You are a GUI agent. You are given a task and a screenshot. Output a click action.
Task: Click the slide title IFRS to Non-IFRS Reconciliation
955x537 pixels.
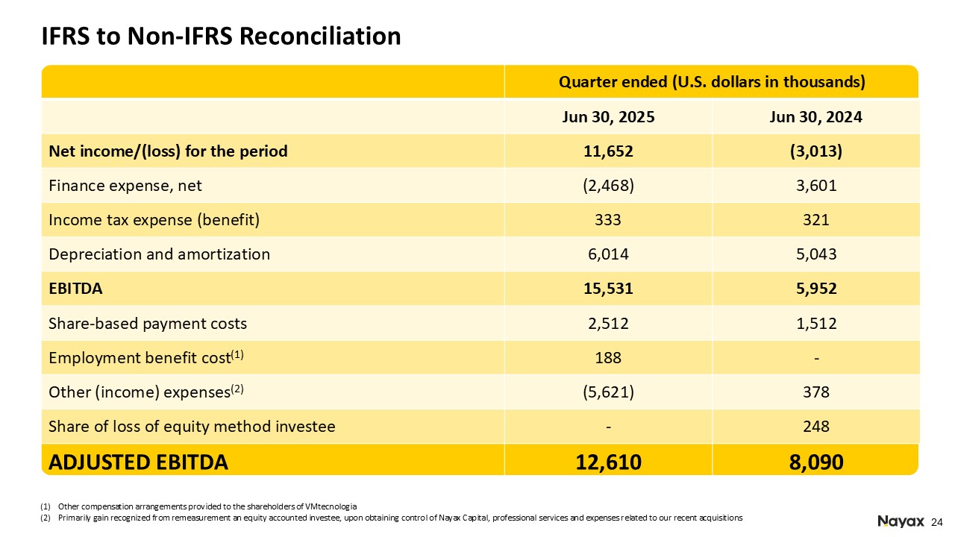[221, 36]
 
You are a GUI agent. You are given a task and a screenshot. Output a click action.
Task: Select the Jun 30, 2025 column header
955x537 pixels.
[608, 117]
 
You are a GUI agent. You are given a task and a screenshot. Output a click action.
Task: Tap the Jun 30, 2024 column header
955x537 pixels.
[815, 117]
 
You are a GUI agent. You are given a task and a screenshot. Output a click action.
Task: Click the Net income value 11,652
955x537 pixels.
[608, 151]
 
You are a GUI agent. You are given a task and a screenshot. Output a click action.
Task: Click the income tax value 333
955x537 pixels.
[608, 220]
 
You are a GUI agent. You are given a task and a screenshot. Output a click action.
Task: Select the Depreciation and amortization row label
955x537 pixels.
[159, 254]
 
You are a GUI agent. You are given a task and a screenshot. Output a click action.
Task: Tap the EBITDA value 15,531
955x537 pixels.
[608, 289]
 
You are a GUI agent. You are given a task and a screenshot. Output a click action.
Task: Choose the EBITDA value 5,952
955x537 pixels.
[815, 289]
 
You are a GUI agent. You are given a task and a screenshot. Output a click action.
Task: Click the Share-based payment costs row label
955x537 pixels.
[148, 324]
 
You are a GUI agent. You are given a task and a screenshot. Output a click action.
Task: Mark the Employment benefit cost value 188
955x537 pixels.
[608, 358]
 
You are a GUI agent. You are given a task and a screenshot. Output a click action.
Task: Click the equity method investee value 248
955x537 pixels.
[815, 427]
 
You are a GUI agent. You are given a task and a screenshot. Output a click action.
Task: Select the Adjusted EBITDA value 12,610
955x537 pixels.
[608, 462]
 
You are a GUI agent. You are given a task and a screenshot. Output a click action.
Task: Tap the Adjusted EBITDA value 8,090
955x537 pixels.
[815, 462]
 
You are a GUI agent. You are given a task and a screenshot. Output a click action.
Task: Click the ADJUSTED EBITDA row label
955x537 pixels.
[138, 462]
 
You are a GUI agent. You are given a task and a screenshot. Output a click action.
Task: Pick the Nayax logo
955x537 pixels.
[901, 521]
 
